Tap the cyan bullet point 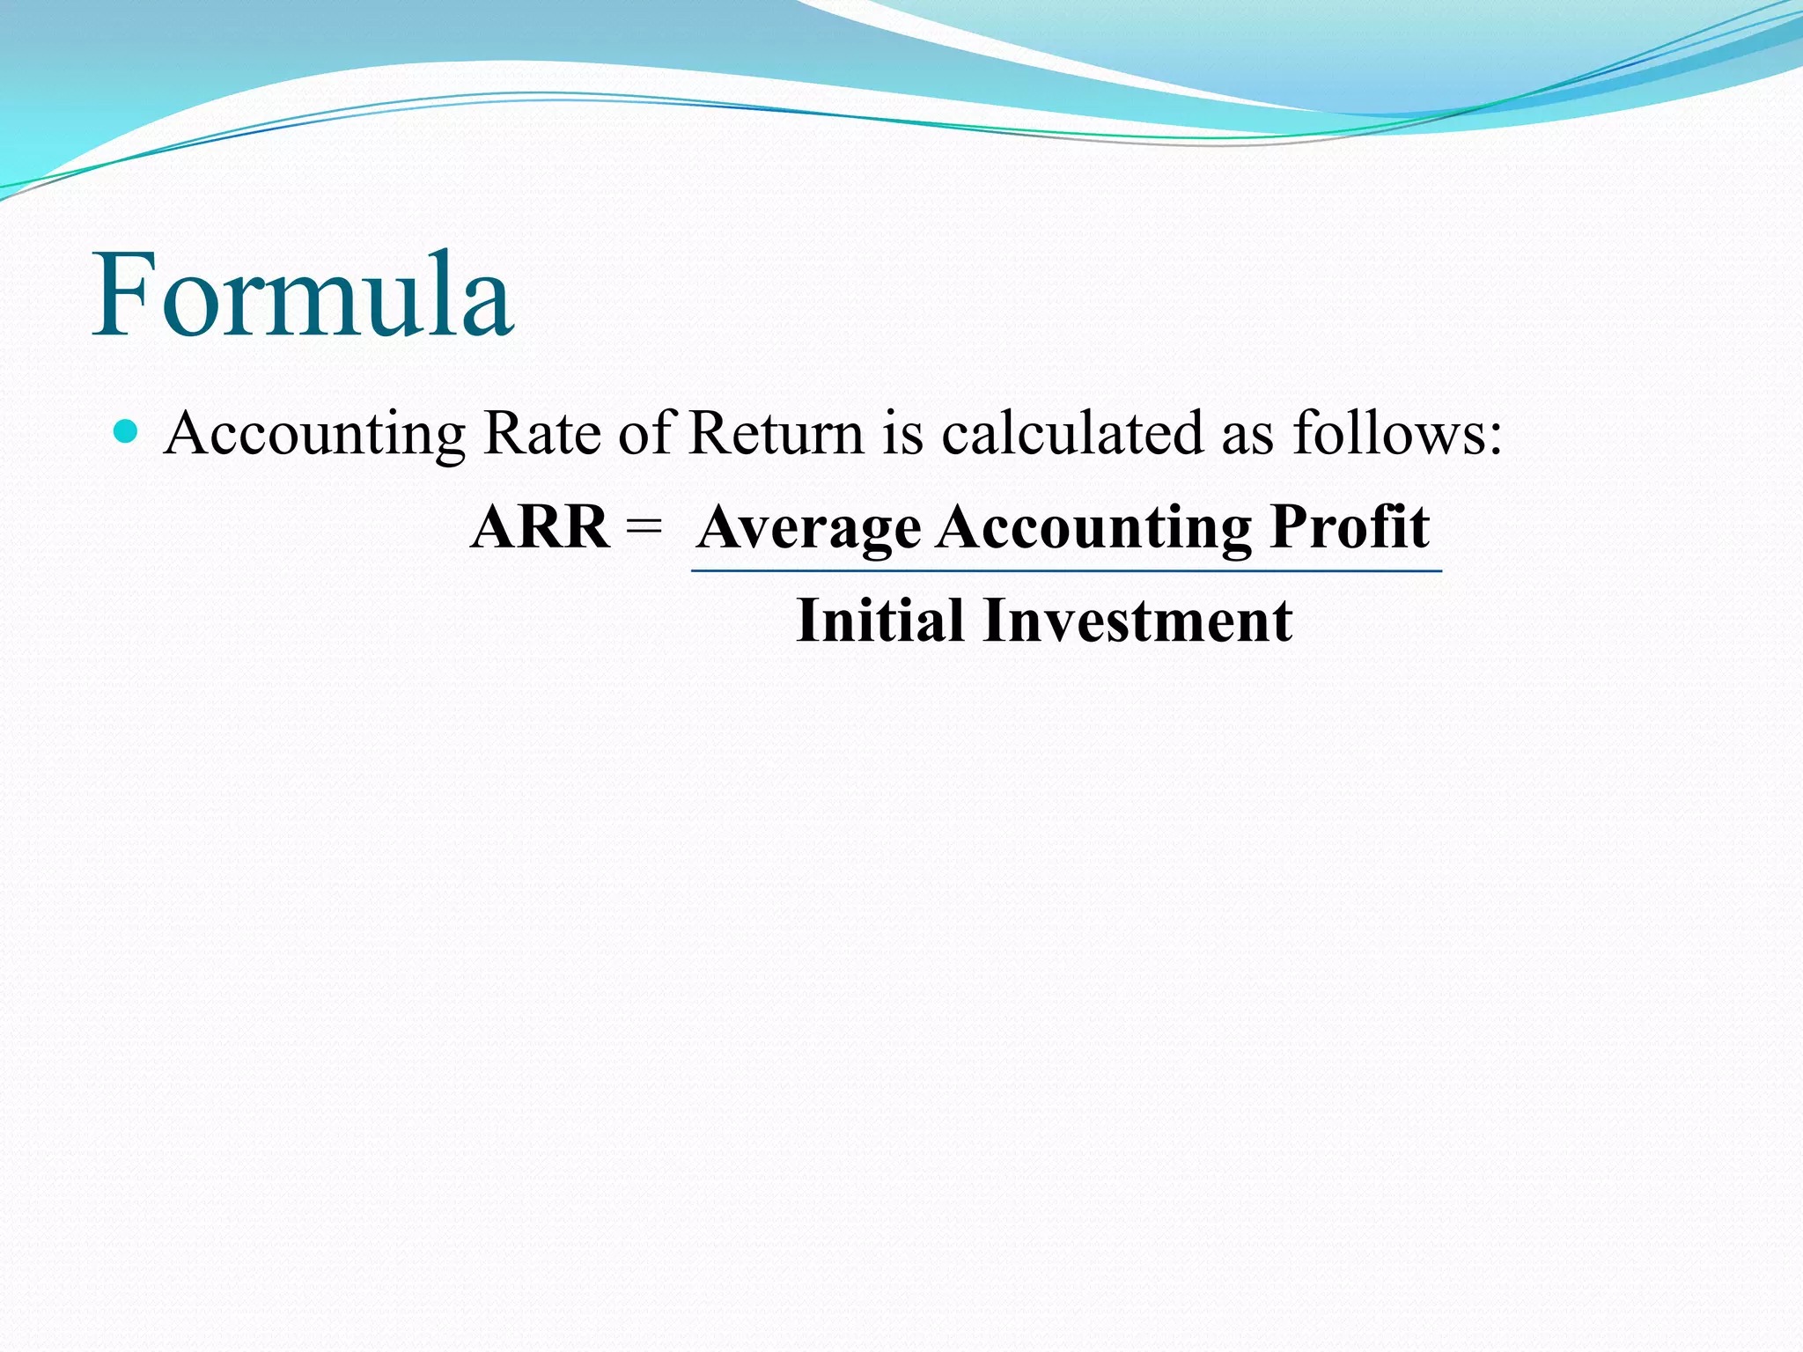(127, 431)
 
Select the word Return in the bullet (776, 433)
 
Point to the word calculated (1071, 433)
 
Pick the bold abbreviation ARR (540, 527)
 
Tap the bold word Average (809, 527)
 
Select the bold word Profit (1350, 527)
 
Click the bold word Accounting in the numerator (1093, 527)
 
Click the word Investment (1137, 621)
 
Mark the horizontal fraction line (1066, 571)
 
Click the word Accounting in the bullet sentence (314, 433)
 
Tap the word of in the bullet (646, 433)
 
